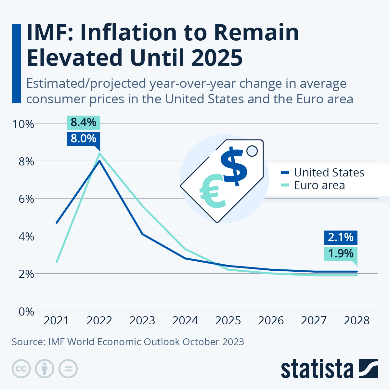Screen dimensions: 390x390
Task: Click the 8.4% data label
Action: (x=84, y=123)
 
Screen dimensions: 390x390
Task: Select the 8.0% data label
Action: (x=84, y=139)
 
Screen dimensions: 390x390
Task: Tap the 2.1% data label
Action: (x=341, y=237)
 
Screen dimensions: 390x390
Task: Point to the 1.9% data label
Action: (x=341, y=253)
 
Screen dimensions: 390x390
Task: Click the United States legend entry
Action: (x=329, y=172)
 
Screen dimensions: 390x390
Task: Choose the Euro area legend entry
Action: (x=319, y=185)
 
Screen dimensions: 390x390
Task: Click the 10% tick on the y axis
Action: (x=23, y=124)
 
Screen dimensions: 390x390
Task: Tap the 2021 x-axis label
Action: (x=56, y=321)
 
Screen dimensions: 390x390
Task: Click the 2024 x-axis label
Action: (x=185, y=321)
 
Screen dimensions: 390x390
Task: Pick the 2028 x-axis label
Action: (x=357, y=321)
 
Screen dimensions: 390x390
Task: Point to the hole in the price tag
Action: (x=252, y=151)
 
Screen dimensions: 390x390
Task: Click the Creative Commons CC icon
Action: (x=21, y=369)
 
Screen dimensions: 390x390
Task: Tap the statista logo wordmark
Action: (x=317, y=369)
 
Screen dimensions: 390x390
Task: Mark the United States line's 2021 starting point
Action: (x=57, y=223)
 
